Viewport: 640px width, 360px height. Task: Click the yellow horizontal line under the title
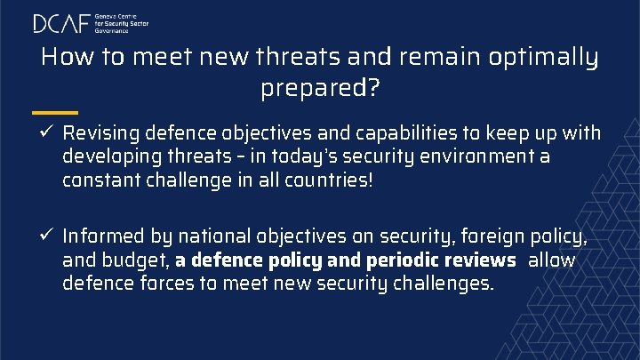[54, 113]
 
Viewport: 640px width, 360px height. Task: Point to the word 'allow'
[552, 261]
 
